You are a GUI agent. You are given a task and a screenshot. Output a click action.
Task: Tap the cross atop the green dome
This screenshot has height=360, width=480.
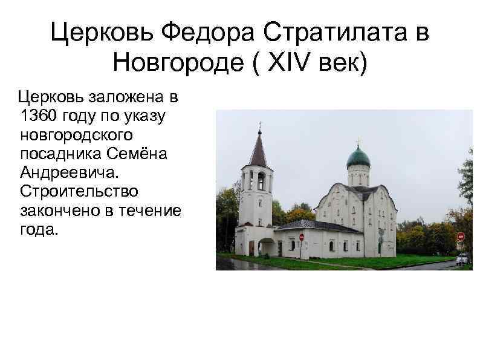point(358,142)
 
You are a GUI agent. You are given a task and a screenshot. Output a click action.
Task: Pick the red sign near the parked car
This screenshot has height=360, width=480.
point(461,237)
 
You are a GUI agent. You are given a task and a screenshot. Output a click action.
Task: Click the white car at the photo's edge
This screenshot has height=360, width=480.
point(463,259)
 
